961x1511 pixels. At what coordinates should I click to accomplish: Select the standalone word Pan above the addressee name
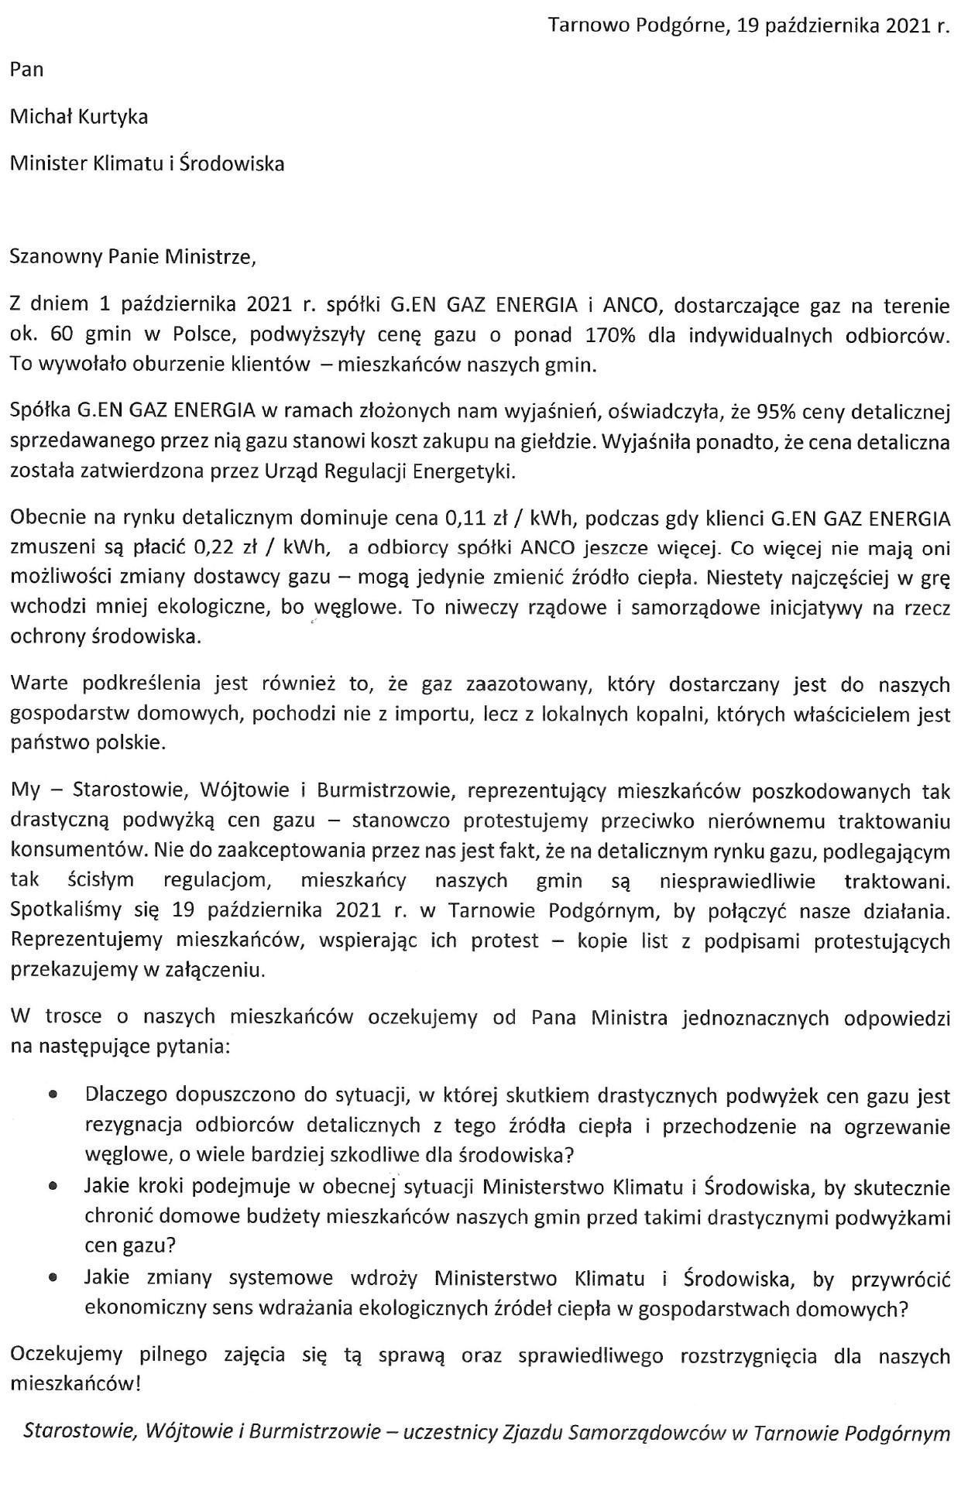coord(27,70)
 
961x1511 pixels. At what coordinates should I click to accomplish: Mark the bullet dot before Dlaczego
coord(53,1096)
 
